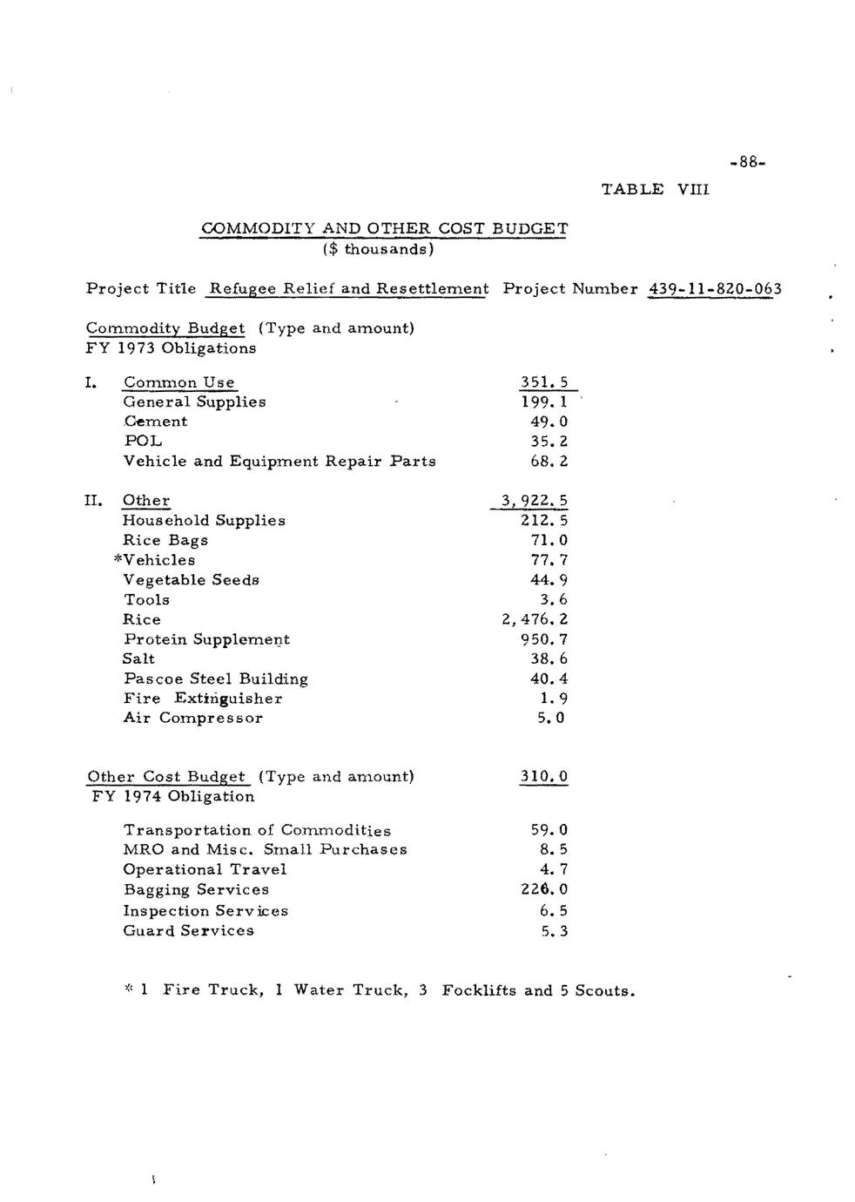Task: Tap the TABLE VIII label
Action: (656, 189)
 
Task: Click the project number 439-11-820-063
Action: (714, 288)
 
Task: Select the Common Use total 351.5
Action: (544, 382)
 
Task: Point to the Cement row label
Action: (155, 422)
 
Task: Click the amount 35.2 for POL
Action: (549, 441)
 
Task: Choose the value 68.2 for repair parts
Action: (549, 461)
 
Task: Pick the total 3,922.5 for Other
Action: (534, 501)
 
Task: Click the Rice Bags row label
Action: (165, 540)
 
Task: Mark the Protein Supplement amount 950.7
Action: (543, 639)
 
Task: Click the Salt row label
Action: (139, 658)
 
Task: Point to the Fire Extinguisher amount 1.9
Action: (554, 698)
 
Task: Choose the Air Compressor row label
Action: (192, 718)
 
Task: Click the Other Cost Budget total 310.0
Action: (544, 776)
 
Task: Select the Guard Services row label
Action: (188, 930)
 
